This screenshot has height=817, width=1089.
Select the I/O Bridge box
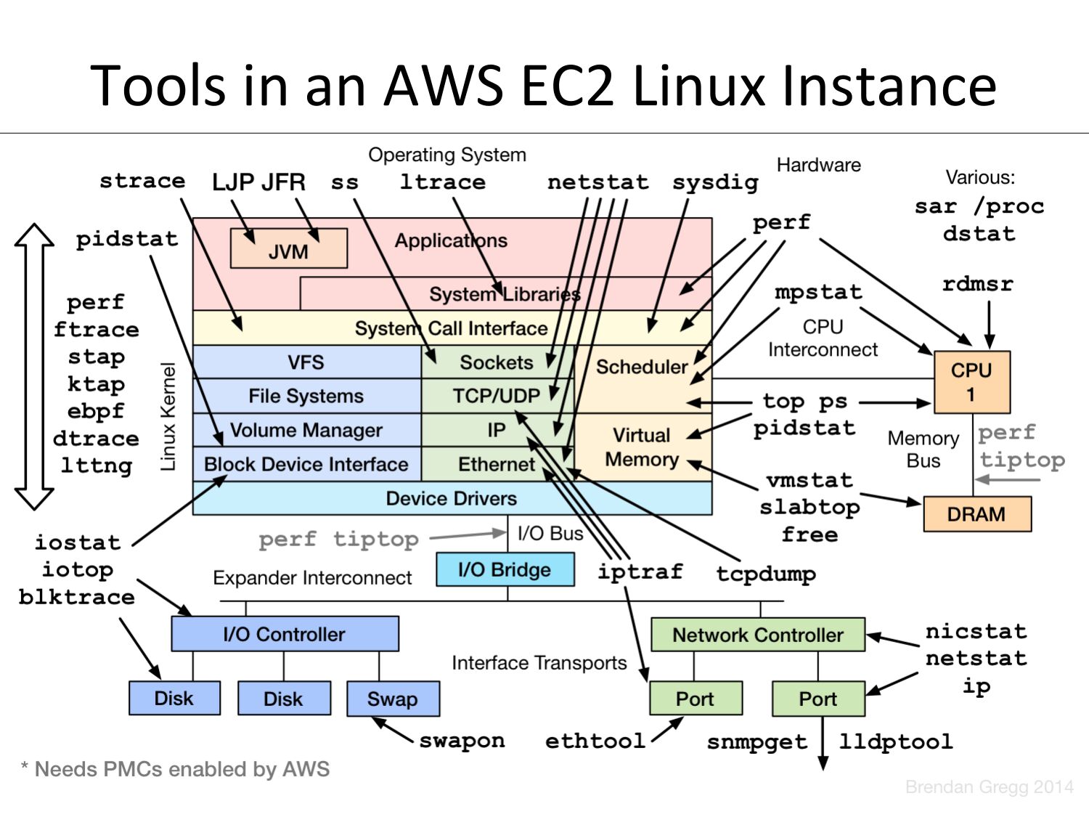505,569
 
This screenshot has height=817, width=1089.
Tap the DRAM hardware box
976,514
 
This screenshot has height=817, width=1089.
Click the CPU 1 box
971,382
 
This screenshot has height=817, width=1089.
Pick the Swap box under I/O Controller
393,699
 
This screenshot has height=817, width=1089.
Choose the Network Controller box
757,635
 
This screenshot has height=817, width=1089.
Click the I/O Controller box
285,634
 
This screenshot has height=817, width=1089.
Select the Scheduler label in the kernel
642,367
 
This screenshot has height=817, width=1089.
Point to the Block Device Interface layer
306,464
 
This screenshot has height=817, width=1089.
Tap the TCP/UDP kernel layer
497,396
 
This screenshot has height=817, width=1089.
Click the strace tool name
142,181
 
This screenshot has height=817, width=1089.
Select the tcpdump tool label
766,574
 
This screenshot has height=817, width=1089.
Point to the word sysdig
715,182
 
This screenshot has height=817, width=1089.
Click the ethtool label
595,741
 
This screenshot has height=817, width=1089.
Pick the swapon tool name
462,741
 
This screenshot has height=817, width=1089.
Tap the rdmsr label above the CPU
977,283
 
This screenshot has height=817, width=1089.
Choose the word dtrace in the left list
96,439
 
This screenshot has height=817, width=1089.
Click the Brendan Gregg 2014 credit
989,786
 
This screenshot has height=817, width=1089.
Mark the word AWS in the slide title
443,86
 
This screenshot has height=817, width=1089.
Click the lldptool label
896,741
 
